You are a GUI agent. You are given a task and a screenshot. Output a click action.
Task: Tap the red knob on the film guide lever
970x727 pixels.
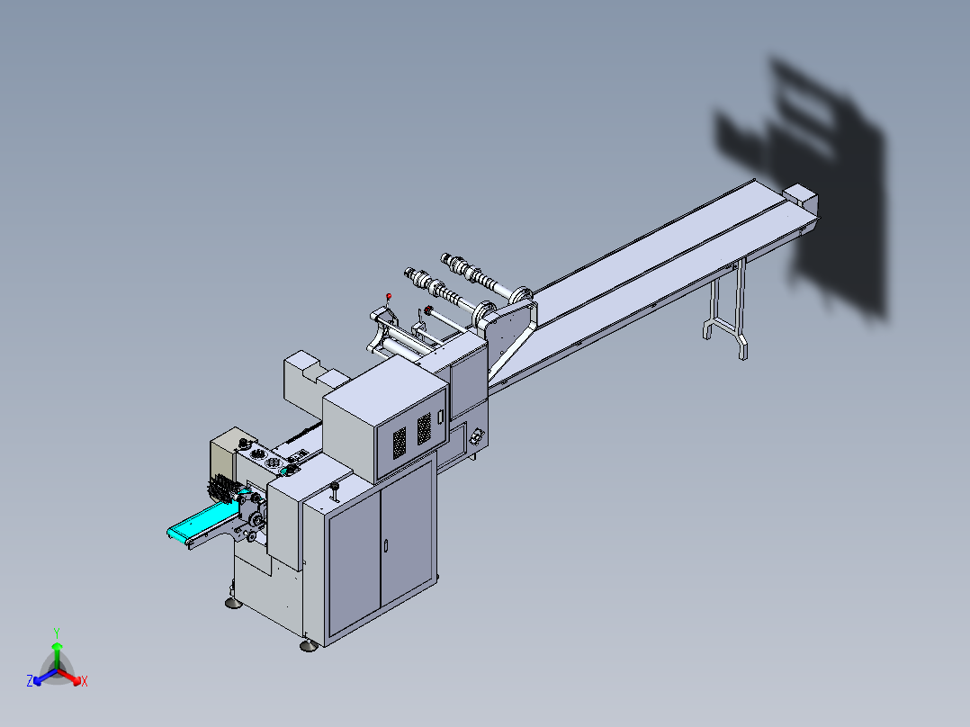point(389,296)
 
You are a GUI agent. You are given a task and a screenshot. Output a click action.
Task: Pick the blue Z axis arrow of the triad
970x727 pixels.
point(37,680)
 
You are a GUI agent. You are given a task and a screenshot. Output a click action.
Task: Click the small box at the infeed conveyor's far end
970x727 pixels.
point(799,196)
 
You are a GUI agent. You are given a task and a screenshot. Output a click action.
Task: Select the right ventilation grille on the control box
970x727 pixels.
point(424,428)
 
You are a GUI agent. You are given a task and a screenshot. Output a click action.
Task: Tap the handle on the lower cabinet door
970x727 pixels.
point(386,545)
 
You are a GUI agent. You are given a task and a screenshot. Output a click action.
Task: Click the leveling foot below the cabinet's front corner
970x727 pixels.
point(308,644)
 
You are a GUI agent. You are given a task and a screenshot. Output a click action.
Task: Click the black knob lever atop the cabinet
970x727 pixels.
point(335,490)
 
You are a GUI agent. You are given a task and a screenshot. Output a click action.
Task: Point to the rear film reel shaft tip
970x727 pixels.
point(445,258)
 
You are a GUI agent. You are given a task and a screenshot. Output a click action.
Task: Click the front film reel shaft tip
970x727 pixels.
point(409,272)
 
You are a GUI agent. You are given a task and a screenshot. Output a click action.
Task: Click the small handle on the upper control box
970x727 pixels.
point(441,416)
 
